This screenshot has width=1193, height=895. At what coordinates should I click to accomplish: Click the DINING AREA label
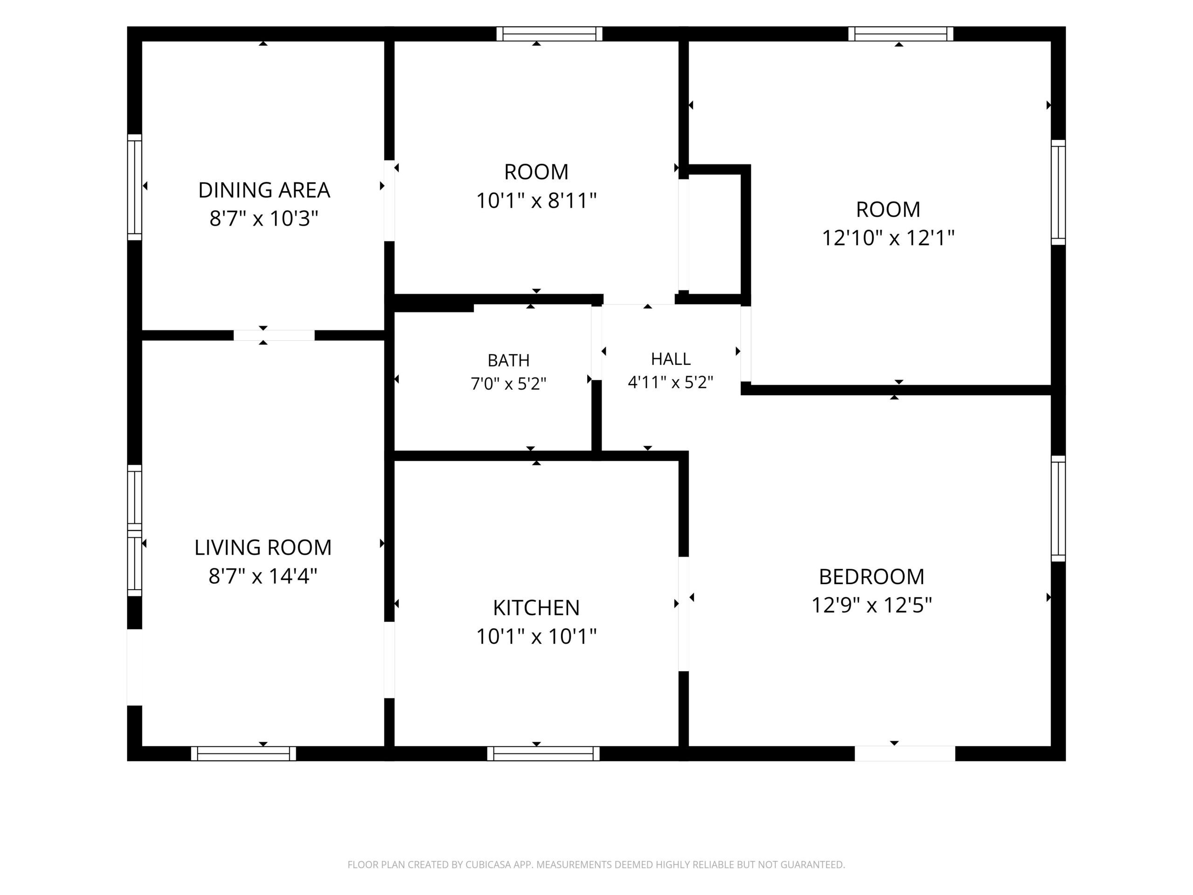[x=264, y=190]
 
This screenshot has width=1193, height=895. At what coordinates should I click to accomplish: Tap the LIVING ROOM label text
[x=263, y=548]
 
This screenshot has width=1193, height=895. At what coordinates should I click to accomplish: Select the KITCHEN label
[x=536, y=608]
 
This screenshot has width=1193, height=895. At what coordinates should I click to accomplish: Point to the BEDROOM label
[x=871, y=577]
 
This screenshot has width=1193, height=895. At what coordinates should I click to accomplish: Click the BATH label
[x=508, y=360]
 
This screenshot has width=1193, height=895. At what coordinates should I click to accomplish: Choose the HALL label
[x=671, y=359]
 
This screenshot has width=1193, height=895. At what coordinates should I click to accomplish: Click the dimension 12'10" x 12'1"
[x=888, y=238]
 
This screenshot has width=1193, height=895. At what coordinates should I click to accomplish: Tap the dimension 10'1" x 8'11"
[x=536, y=201]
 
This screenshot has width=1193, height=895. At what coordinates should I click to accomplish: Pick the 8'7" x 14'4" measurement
[x=263, y=576]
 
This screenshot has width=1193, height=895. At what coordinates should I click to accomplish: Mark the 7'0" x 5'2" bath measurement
[x=508, y=384]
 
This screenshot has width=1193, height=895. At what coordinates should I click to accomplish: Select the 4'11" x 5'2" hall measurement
[x=671, y=382]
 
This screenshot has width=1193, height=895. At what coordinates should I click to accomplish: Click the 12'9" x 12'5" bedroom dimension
[x=871, y=606]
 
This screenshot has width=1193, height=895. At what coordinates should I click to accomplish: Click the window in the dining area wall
[x=134, y=187]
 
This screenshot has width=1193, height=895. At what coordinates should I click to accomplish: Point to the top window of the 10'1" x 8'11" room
[x=549, y=34]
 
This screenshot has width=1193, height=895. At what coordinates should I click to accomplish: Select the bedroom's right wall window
[x=1058, y=509]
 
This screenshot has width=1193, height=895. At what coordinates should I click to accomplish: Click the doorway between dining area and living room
[x=274, y=335]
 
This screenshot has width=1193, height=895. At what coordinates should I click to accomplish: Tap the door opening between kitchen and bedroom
[x=683, y=614]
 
